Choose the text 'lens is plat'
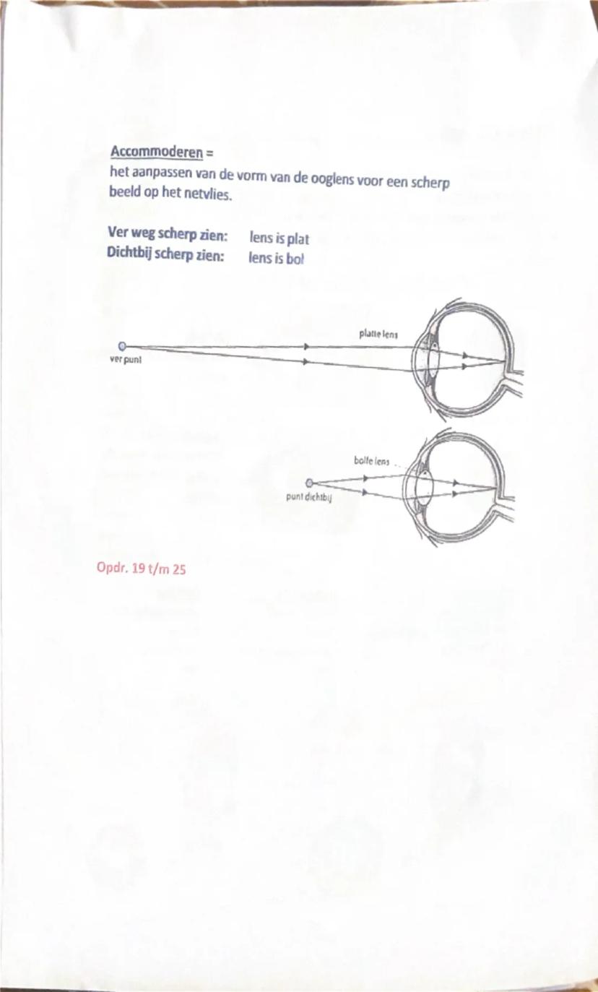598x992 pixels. (x=279, y=238)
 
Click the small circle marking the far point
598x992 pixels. (x=122, y=347)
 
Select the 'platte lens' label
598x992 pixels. (x=379, y=334)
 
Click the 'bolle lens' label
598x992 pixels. (x=372, y=460)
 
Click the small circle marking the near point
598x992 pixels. (x=310, y=483)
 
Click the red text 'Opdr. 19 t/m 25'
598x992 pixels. (x=142, y=569)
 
